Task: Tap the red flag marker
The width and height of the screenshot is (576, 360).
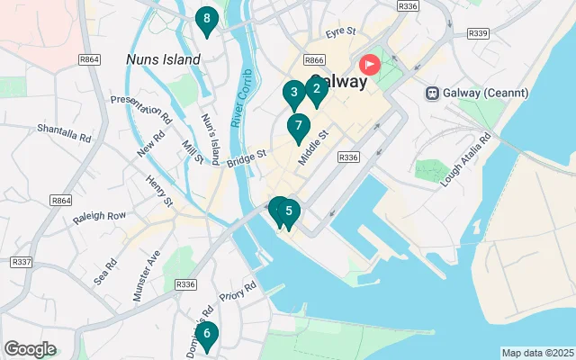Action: [370, 65]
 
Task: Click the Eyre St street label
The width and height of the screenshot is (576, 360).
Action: [342, 32]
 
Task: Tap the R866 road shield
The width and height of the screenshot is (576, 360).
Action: [314, 59]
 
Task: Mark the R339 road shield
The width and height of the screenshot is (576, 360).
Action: [478, 33]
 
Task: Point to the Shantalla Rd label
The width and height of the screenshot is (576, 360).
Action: [65, 134]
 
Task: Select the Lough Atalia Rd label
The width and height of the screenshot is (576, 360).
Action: [467, 161]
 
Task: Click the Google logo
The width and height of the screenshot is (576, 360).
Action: [31, 349]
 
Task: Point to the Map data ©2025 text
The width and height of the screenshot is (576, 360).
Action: [536, 353]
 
